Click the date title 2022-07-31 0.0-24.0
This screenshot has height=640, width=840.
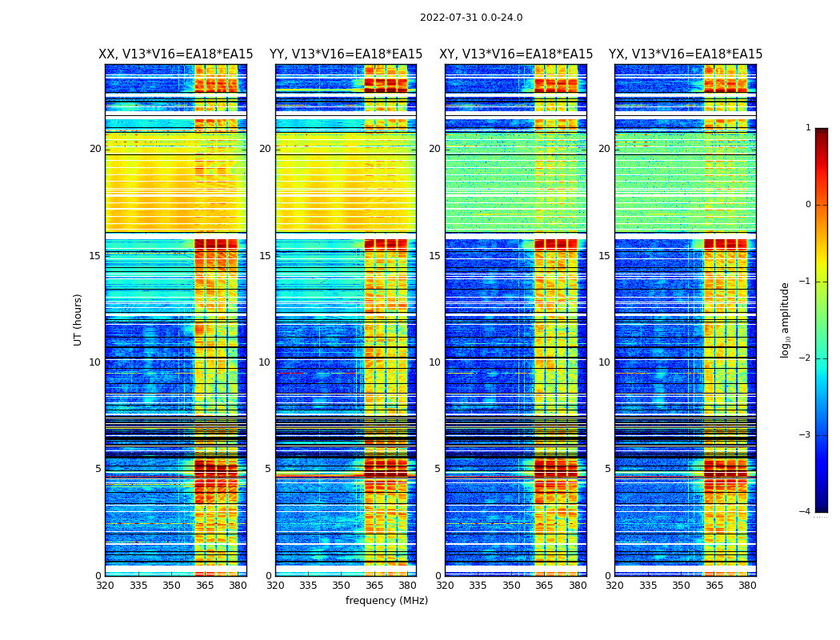[471, 18]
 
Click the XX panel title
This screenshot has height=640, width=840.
[176, 54]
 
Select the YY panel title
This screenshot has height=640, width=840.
[346, 54]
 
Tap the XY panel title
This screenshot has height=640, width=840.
[516, 54]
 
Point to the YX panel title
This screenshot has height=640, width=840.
[686, 54]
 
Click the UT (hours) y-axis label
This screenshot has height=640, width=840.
[78, 319]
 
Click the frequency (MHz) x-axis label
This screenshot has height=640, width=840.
[386, 601]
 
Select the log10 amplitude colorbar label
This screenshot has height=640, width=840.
[786, 319]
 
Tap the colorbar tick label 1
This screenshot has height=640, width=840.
[808, 128]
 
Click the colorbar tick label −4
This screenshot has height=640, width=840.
[806, 512]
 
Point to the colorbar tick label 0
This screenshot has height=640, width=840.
[808, 205]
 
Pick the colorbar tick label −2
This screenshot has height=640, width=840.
[806, 358]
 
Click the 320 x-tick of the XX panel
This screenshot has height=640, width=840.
[105, 586]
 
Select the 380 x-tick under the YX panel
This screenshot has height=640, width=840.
[747, 586]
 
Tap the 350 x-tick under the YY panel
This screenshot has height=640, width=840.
[342, 586]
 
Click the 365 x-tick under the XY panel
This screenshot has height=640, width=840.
[544, 586]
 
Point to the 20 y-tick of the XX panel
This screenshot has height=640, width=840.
[95, 149]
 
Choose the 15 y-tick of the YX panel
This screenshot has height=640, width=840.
[605, 256]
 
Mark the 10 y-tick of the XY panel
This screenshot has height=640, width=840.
[435, 362]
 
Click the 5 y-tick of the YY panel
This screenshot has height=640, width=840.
[268, 469]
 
